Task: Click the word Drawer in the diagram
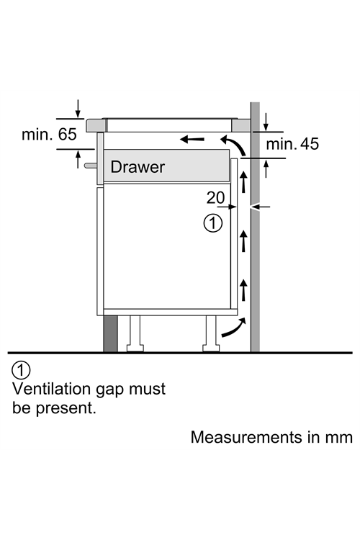[138, 167]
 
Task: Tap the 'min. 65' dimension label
[49, 134]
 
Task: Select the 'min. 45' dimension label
[292, 144]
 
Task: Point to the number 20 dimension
[215, 198]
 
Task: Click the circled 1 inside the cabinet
[213, 223]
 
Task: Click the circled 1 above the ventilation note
[21, 370]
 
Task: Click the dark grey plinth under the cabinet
[110, 333]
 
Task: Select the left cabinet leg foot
[135, 348]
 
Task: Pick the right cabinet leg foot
[211, 348]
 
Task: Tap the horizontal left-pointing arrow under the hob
[192, 140]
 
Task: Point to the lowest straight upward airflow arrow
[243, 289]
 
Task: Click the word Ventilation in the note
[51, 389]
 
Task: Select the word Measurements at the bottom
[246, 437]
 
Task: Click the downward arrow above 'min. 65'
[78, 109]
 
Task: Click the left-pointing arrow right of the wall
[261, 207]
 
